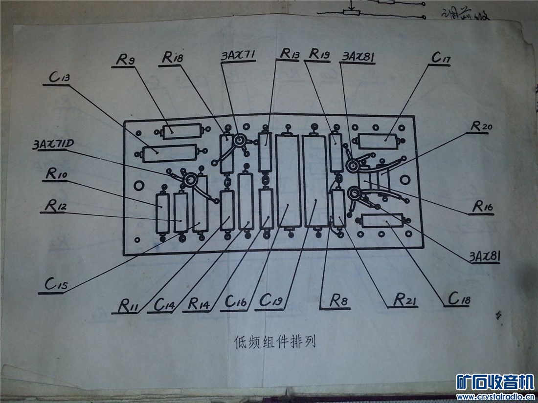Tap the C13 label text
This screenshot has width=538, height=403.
tap(58, 79)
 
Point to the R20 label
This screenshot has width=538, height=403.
tap(482, 126)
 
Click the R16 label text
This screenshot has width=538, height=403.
tap(483, 207)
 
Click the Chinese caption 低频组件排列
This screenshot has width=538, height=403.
tap(275, 341)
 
